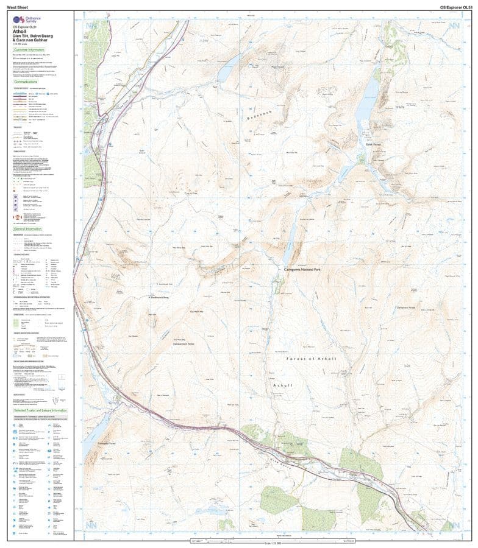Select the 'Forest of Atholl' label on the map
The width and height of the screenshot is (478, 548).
coord(311,359)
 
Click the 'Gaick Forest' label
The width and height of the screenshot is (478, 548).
coord(373,144)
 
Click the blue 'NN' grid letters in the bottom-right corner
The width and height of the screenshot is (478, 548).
coord(451,524)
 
